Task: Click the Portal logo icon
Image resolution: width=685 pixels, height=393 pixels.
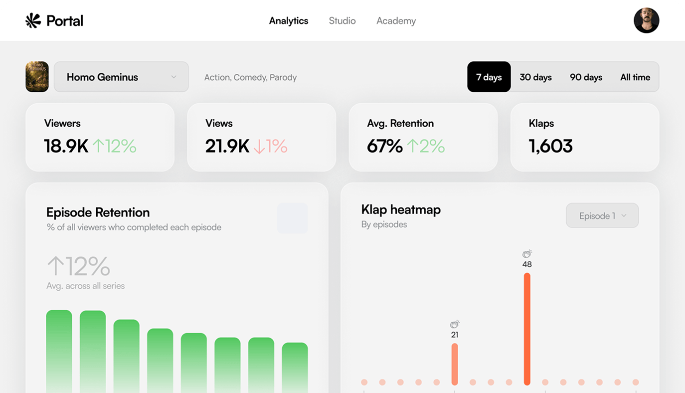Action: [33, 20]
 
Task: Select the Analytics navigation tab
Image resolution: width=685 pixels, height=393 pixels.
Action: [289, 21]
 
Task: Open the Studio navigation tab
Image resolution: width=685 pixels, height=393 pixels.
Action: [342, 21]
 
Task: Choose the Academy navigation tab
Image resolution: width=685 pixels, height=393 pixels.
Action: [396, 21]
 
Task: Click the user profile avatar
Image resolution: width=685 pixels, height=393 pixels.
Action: [646, 20]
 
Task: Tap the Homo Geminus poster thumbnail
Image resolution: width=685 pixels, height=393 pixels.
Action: [37, 77]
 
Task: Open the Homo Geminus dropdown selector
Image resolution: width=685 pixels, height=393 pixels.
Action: [121, 77]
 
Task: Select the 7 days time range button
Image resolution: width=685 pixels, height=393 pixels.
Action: [489, 77]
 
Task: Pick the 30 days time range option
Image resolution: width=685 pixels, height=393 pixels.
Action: [535, 77]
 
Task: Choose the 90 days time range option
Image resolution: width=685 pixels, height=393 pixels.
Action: [586, 77]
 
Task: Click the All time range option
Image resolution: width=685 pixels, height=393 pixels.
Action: [635, 77]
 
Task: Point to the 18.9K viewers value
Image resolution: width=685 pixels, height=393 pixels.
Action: [66, 146]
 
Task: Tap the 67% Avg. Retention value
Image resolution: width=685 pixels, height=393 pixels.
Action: [384, 146]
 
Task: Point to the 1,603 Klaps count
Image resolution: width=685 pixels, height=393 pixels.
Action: [550, 146]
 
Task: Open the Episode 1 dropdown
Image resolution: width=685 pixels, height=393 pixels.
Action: [602, 216]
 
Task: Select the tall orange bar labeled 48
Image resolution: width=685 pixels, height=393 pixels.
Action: [527, 329]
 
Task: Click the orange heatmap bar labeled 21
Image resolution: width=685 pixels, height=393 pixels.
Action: [455, 364]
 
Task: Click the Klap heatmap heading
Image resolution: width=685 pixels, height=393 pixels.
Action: [401, 209]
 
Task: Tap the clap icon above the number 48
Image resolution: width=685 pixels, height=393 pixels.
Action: [527, 254]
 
